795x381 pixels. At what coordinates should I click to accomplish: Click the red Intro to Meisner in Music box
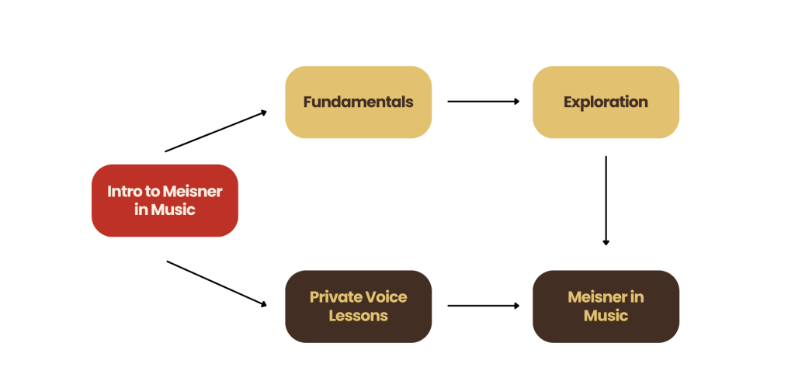coord(164,199)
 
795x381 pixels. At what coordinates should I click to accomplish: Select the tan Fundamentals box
coord(358,102)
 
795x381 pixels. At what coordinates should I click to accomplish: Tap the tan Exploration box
coord(606,102)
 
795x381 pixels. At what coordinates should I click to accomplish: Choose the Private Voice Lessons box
coord(358,306)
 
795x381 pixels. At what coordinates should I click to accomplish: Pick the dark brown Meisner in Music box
coord(606,306)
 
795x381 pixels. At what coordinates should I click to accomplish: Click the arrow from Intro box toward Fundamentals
coord(216,131)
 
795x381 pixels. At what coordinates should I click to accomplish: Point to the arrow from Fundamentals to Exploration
coord(483,101)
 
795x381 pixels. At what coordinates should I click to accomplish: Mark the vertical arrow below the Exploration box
coord(606,200)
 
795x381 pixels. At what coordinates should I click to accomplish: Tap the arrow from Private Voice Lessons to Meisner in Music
coord(483,306)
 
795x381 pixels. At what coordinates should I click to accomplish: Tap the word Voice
coord(387,297)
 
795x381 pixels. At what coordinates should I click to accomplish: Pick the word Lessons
coord(358,316)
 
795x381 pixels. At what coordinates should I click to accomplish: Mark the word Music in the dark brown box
coord(606,316)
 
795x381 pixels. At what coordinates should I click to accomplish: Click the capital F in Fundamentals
coord(307,102)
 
